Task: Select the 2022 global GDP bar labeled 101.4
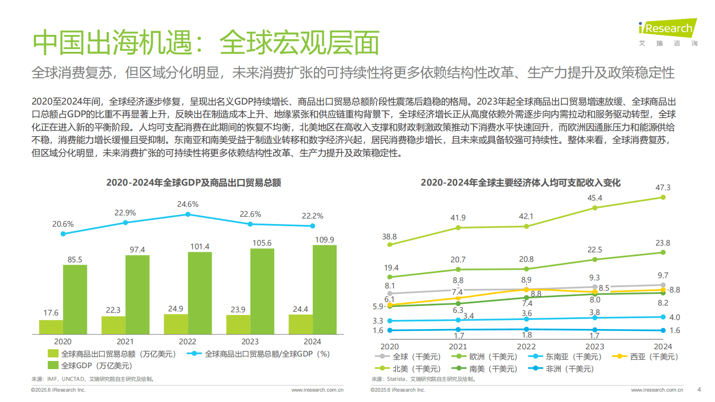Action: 200,293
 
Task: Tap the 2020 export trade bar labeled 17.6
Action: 51,327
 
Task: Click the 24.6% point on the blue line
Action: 188,215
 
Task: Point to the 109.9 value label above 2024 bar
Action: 324,240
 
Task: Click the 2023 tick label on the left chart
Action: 250,342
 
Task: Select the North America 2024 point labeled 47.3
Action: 663,197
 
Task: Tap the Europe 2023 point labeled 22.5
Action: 595,260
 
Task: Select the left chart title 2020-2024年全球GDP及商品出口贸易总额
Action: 194,183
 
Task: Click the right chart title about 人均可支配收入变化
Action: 520,183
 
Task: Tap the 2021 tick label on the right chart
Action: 458,347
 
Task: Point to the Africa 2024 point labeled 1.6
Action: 663,330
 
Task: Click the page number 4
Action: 699,389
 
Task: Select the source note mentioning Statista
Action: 423,379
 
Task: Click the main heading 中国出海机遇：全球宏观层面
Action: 206,43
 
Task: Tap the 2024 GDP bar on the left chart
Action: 324,289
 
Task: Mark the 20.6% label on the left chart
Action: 63,224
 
